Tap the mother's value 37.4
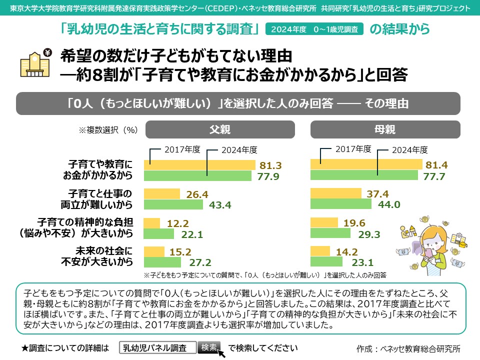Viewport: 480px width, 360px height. pyautogui.click(x=375, y=194)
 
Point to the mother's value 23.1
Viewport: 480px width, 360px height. pyautogui.click(x=363, y=262)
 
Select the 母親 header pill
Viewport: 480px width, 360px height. pyautogui.click(x=385, y=130)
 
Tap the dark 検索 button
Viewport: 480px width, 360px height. pyautogui.click(x=209, y=347)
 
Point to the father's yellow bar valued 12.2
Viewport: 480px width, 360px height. pyautogui.click(x=152, y=223)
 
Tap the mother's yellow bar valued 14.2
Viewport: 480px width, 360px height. pyautogui.click(x=320, y=251)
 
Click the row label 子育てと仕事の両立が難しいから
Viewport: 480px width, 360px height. pyautogui.click(x=100, y=199)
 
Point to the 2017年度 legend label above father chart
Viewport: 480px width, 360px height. pyautogui.click(x=182, y=149)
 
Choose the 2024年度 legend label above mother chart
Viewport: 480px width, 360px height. pyautogui.click(x=409, y=149)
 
